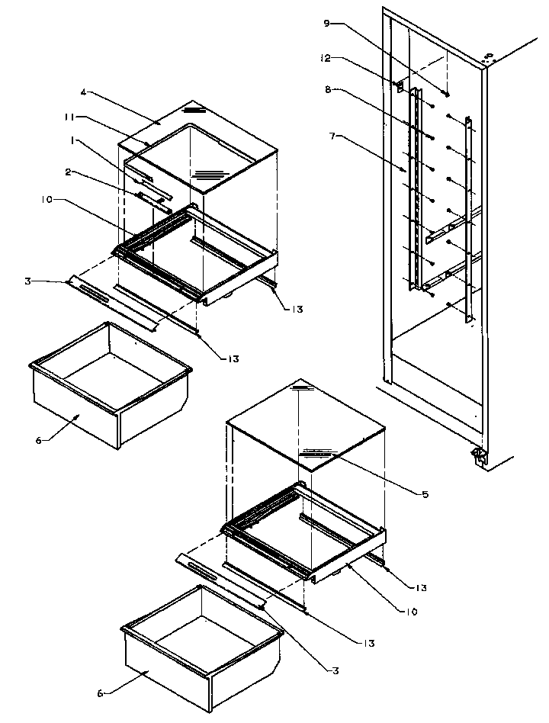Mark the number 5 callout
point(425,494)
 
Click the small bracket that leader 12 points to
point(400,86)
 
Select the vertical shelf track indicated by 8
point(416,191)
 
